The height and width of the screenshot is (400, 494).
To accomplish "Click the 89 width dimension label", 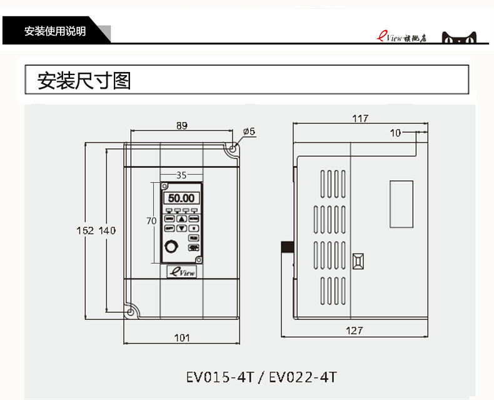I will tap(181, 125).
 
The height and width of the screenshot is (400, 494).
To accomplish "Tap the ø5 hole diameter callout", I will tap(248, 131).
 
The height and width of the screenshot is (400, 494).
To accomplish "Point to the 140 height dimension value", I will tap(108, 230).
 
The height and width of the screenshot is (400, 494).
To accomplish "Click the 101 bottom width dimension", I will tap(181, 338).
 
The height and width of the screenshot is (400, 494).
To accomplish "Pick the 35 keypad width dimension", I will tap(181, 175).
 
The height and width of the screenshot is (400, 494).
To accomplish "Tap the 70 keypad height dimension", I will tap(151, 221).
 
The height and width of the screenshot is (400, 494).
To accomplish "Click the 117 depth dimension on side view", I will tap(360, 118).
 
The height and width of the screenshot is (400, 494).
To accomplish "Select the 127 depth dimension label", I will tap(354, 331).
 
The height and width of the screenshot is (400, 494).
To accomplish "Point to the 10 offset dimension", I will tap(395, 133).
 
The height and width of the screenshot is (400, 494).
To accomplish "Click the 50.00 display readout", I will tap(181, 198).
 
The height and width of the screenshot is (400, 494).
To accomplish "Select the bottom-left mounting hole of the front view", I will tap(131, 310).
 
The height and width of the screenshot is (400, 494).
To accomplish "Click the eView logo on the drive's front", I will tap(181, 271).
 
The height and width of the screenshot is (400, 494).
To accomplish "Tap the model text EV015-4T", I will tap(220, 377).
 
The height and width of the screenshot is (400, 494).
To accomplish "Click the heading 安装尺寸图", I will tap(84, 81).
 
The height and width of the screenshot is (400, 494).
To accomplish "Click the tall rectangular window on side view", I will tap(401, 204).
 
